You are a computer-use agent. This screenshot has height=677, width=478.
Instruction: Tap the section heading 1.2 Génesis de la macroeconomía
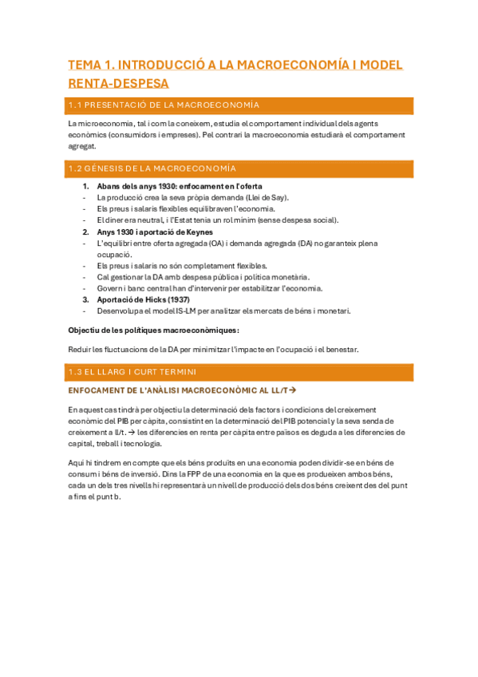(x=152, y=168)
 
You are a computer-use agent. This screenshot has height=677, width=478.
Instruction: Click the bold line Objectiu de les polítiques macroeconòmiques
(x=153, y=330)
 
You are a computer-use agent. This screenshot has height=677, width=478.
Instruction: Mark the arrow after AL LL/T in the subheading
(x=292, y=390)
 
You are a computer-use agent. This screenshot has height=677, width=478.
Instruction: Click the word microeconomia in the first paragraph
(x=101, y=124)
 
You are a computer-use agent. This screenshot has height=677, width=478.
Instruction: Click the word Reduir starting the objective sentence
(x=81, y=349)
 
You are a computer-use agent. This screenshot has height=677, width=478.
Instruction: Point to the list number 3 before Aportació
(x=86, y=300)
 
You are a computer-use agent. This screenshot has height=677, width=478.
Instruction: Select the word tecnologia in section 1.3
(x=142, y=443)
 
